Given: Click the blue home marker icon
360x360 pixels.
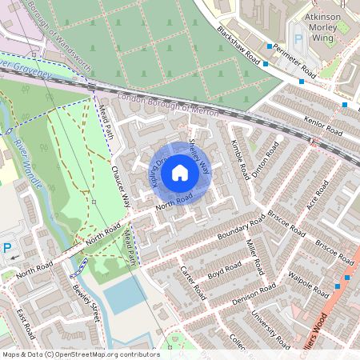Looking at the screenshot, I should pyautogui.click(x=180, y=172).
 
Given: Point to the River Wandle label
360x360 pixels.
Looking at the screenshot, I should pyautogui.click(x=24, y=156).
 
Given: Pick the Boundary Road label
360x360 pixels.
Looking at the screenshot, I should pyautogui.click(x=240, y=230).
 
